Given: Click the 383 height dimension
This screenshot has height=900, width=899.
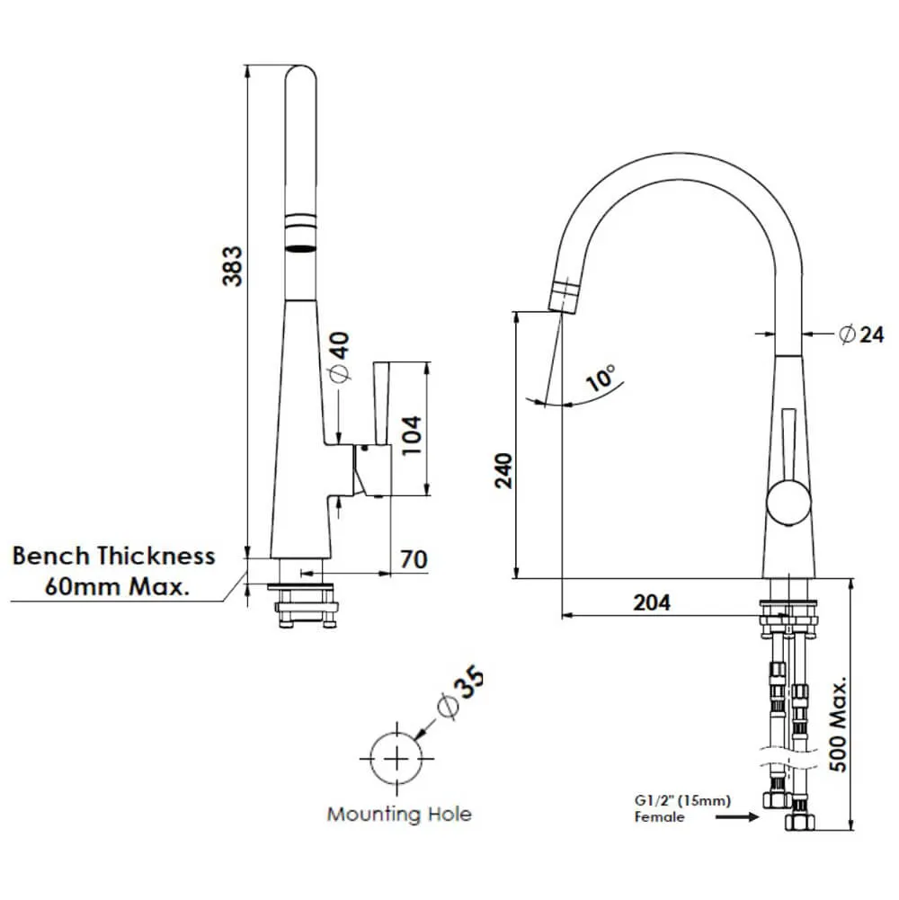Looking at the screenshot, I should click(232, 266).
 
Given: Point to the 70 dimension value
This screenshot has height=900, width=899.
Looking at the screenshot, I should click(413, 559).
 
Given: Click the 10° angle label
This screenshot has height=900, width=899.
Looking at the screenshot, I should click(600, 378).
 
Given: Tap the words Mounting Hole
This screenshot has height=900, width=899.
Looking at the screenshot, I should click(398, 815).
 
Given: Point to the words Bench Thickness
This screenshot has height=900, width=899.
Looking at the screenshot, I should click(114, 556).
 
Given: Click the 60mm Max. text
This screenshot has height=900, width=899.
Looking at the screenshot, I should click(117, 588).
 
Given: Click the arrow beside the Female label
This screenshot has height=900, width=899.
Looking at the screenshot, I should click(736, 817).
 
